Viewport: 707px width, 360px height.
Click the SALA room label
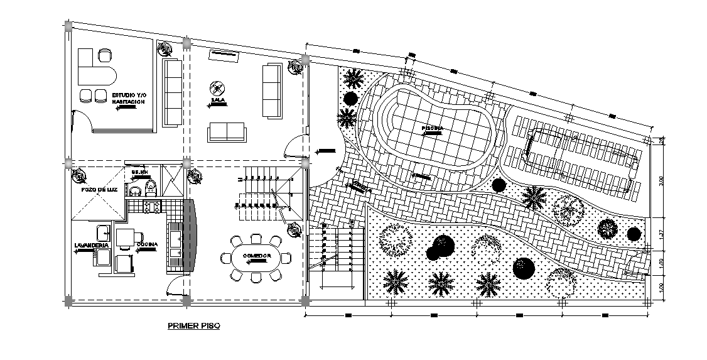[218, 100]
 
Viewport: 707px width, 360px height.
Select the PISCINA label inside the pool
[433, 128]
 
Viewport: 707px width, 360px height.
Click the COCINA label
[147, 244]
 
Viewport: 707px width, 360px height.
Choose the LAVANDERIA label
[91, 244]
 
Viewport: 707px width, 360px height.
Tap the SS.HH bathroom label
[139, 172]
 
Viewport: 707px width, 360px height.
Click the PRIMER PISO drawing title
[193, 326]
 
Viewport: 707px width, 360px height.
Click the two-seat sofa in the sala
[227, 132]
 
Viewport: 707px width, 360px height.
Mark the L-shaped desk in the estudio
[94, 70]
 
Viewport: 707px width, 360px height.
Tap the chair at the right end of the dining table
[287, 258]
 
